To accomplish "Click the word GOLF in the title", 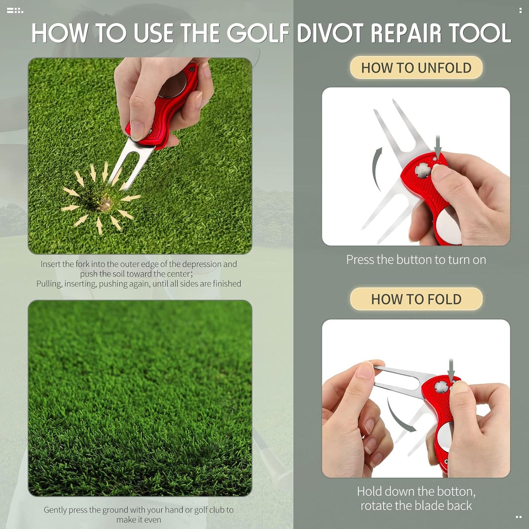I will tap(258, 33).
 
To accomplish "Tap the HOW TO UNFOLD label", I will tap(416, 68).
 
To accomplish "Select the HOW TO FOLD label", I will tap(416, 299).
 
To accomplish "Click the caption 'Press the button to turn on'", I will tap(416, 260).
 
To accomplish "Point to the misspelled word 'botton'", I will tap(458, 491).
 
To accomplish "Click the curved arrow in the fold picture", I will tap(399, 416).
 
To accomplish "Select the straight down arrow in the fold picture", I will tap(451, 370).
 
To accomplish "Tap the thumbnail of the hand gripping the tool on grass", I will tap(140, 156).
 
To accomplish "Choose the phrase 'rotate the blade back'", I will tap(416, 506).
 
